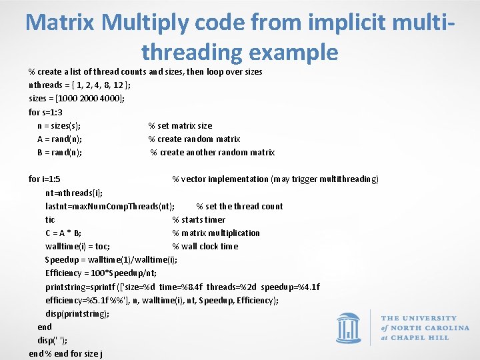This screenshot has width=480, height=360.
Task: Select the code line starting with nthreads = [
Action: tap(79, 85)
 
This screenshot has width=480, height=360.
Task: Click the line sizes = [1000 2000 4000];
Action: tap(77, 98)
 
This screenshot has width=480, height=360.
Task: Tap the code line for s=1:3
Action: tap(45, 112)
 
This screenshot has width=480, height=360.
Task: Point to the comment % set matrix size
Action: tap(180, 125)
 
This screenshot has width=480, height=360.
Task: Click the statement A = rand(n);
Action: tap(60, 139)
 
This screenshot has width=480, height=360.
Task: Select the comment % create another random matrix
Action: tap(212, 152)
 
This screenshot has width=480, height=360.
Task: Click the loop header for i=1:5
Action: tap(45, 179)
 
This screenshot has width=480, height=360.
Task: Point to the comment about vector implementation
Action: tap(275, 179)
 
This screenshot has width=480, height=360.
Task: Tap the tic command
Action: tap(50, 219)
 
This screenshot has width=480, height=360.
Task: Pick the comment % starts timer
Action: tap(199, 219)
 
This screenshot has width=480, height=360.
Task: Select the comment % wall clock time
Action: tap(205, 246)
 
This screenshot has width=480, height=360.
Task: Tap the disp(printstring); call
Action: tap(77, 313)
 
